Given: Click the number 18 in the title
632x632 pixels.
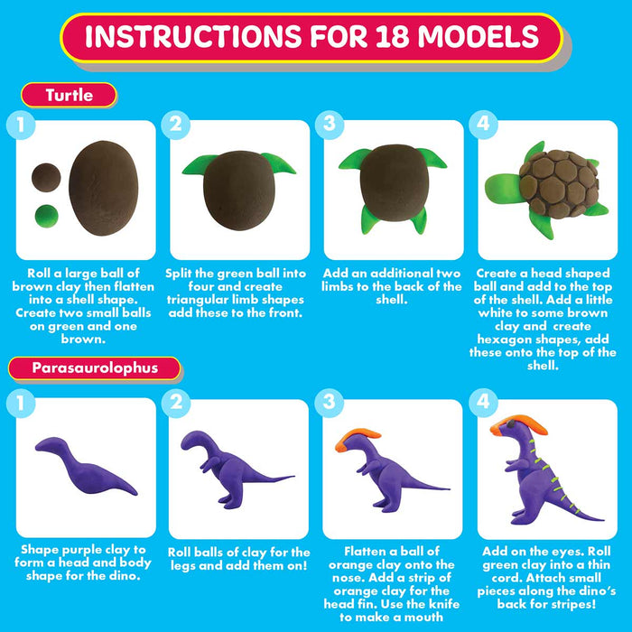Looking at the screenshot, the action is coord(392,36).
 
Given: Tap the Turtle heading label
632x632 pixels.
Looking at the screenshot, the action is coord(69,95).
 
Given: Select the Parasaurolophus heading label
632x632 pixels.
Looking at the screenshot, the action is coord(95,368).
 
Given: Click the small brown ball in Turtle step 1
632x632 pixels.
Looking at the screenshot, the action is coord(46,177).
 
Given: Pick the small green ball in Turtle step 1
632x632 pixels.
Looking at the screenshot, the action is coord(47,216).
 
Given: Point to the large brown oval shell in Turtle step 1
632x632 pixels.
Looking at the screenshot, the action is coord(104,188).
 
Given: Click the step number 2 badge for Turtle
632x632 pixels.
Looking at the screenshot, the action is coord(176,125).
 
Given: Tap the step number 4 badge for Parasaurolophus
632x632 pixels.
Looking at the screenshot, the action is coord(483,403).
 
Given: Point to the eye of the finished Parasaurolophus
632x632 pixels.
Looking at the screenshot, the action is coord(510,423).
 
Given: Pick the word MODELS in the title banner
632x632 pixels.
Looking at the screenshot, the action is coord(478,36).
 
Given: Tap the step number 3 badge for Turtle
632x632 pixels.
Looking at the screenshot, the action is coord(330,125).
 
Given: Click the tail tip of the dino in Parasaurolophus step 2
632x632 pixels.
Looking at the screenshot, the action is coord(294,477).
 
